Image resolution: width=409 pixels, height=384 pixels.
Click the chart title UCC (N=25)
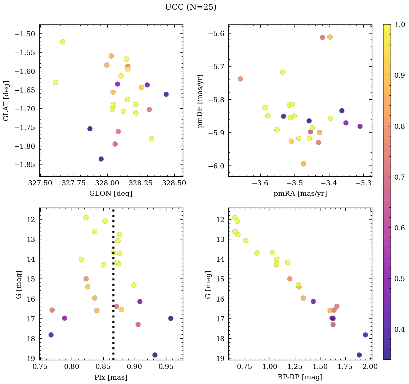click(x=190, y=7)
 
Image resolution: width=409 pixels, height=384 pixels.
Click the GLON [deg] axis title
click(x=111, y=194)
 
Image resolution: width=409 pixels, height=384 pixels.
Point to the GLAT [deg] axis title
click(x=6, y=101)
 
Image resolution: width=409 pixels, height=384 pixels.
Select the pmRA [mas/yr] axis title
click(x=300, y=194)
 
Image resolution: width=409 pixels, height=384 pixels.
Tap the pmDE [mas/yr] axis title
click(x=201, y=101)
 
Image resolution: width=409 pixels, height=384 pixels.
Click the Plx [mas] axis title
click(x=111, y=377)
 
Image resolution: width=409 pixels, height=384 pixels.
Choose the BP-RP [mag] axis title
click(x=300, y=377)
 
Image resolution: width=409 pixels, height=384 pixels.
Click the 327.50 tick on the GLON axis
click(x=40, y=183)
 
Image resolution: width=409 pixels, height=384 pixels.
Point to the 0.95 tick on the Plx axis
click(x=166, y=366)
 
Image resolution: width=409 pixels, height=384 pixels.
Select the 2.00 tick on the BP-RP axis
click(x=371, y=366)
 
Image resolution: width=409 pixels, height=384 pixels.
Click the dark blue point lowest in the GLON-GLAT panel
click(x=101, y=159)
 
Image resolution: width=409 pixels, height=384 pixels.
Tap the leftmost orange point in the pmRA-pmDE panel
click(x=240, y=79)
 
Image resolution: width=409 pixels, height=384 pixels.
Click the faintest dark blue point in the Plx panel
click(x=155, y=355)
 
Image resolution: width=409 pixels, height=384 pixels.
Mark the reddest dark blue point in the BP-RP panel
click(x=365, y=335)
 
